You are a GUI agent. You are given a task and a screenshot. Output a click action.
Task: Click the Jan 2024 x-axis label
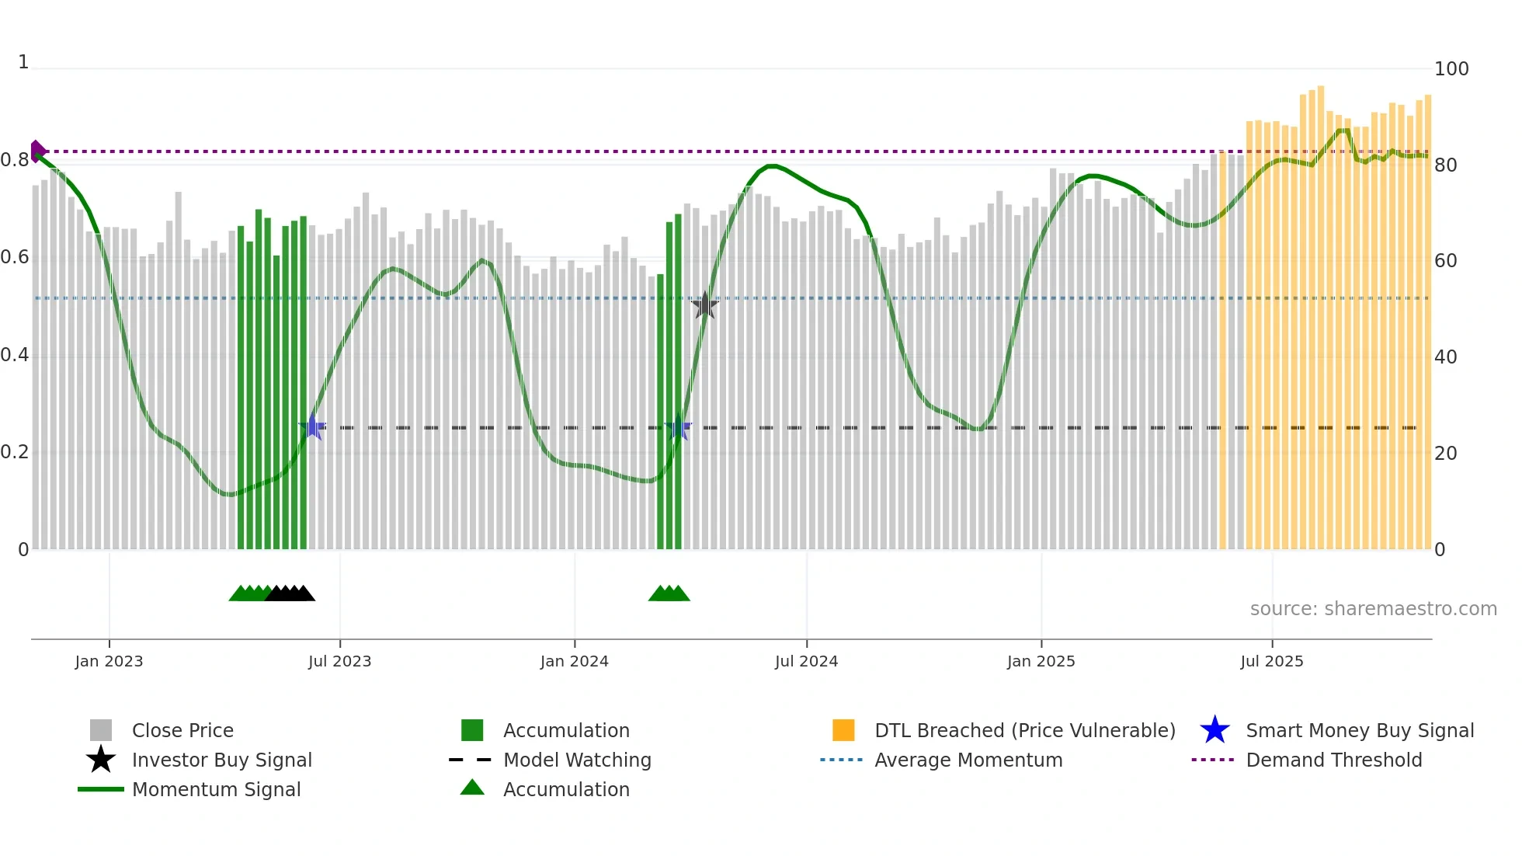(574, 661)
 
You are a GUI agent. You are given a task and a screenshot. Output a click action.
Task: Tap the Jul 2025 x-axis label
(1271, 661)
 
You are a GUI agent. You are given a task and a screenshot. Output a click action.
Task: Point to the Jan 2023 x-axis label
(109, 661)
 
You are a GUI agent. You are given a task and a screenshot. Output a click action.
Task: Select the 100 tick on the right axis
(1451, 69)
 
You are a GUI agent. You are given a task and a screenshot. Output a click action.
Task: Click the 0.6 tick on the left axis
(15, 257)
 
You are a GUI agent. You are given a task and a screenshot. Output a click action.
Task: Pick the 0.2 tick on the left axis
(15, 452)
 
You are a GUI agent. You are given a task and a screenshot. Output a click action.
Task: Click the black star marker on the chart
(704, 306)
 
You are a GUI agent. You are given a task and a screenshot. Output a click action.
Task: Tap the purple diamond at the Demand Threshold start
(36, 151)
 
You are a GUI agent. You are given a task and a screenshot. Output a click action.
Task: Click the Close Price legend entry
(182, 730)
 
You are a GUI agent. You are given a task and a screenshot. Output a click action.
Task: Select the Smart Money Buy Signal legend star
(1214, 730)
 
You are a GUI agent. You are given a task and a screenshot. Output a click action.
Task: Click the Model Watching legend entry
(576, 760)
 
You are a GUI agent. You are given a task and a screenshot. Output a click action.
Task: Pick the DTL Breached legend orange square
(843, 730)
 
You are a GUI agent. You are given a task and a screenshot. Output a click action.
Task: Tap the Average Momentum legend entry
(968, 760)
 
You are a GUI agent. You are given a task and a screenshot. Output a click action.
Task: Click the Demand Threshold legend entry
(1333, 760)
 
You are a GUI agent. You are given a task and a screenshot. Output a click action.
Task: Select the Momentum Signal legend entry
(216, 789)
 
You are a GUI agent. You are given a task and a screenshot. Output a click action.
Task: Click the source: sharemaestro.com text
(1373, 608)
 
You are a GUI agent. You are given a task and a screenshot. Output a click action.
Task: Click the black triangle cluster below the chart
(290, 593)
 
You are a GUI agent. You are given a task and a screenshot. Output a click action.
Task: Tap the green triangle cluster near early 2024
(669, 593)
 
